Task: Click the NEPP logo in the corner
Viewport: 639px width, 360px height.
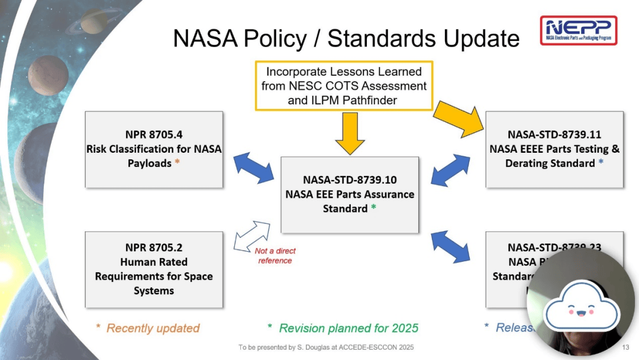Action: click(578, 30)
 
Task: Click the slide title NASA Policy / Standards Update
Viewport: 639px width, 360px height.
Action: click(346, 39)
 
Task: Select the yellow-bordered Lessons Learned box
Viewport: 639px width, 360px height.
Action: click(344, 85)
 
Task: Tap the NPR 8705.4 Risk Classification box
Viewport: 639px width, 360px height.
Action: click(154, 149)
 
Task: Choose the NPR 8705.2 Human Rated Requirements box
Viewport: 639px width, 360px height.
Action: click(154, 269)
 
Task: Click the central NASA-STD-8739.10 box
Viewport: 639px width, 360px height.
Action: click(349, 194)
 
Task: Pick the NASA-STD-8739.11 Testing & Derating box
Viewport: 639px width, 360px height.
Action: click(554, 149)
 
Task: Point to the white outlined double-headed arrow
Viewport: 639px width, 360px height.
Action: click(251, 235)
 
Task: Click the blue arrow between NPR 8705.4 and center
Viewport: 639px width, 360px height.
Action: click(253, 165)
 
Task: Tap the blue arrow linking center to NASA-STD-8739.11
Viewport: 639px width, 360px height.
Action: click(451, 169)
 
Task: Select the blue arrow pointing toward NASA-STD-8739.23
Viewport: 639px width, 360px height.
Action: click(451, 246)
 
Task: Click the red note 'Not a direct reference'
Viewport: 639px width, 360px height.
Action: click(275, 256)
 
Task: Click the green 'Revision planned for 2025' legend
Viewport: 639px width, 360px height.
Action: click(343, 328)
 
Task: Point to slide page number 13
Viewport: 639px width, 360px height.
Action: click(626, 347)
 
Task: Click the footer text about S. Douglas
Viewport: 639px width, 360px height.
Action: click(326, 347)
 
